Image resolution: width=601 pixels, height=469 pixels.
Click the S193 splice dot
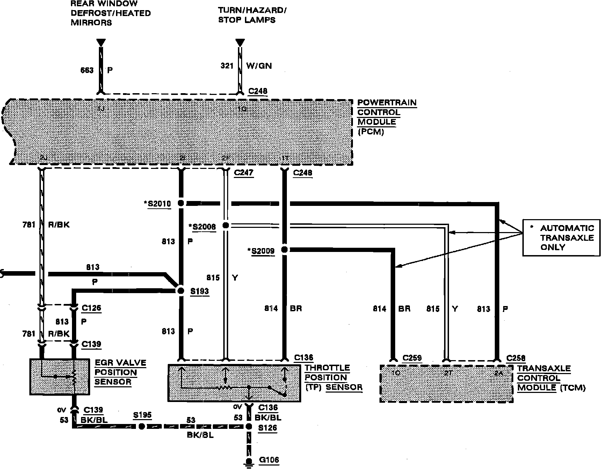click(181, 291)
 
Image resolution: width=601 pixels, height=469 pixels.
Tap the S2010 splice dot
click(181, 203)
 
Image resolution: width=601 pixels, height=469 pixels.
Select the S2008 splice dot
click(226, 226)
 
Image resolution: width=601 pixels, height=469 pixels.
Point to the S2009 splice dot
click(284, 250)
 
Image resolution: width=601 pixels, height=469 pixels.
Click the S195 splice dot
click(142, 426)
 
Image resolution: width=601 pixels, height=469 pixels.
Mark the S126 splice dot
click(249, 426)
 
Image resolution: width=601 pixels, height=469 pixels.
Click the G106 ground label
click(269, 460)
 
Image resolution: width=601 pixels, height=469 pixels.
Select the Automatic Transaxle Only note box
click(561, 238)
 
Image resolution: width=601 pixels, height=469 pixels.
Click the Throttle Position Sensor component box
click(234, 383)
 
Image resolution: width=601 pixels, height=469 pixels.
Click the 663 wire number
click(87, 70)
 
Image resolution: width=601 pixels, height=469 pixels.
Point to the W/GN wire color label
click(259, 66)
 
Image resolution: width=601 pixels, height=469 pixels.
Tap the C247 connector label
click(244, 173)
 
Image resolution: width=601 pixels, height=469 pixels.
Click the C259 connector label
click(412, 358)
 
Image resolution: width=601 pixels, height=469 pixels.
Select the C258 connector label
click(515, 358)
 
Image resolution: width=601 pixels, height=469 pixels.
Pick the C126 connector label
click(91, 308)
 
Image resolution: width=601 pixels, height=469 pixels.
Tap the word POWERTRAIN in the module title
click(387, 103)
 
